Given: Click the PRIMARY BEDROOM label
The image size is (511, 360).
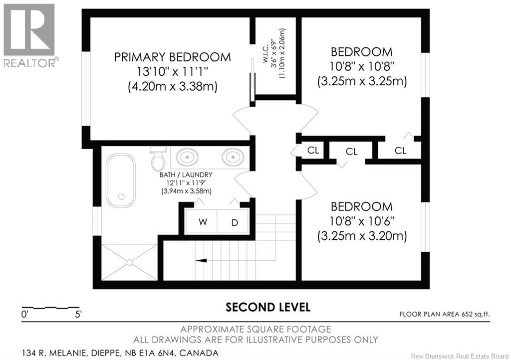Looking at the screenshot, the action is point(172,57).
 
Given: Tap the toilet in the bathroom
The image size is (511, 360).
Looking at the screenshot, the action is point(159,158).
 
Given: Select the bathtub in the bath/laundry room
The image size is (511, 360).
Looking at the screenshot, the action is point(121,180).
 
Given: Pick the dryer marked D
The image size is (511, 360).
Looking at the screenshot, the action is point(234,222).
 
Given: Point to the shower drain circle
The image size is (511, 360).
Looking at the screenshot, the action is point(130,262).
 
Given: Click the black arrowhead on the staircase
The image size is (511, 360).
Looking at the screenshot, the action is point(201,260).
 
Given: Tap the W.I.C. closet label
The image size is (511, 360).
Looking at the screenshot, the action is point(274,54).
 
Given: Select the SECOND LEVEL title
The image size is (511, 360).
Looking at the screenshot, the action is point(268,307).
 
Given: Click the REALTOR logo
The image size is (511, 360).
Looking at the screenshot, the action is point(29,35).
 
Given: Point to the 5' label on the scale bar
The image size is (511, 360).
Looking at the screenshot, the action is point(78,315).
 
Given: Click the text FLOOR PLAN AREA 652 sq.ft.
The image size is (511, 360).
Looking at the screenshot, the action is point(445,314).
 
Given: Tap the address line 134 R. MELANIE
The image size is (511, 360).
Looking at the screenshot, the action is point(120,353).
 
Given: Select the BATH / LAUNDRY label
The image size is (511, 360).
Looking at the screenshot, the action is point(186,175).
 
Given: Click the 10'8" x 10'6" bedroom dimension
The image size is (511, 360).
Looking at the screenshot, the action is point(362,221).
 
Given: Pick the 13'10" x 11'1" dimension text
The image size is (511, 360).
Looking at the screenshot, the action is point(172,72).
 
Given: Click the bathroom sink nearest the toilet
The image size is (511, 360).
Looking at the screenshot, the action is point(187,157).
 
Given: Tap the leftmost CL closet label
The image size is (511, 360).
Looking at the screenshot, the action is point(313,151).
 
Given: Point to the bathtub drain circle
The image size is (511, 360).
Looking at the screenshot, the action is point(121,196).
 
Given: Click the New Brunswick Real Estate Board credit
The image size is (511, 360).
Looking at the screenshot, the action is point(460,356).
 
